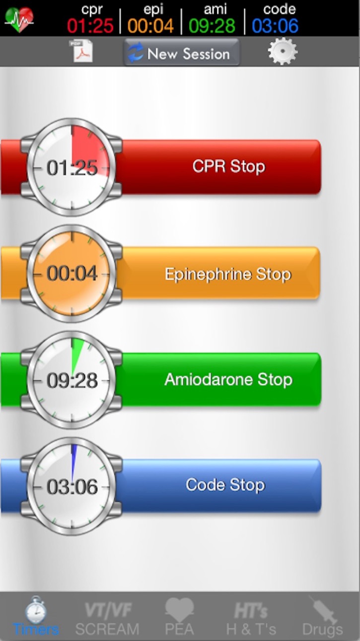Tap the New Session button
[x=182, y=52]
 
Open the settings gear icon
[x=283, y=51]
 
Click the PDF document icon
[x=81, y=51]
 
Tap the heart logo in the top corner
[x=19, y=19]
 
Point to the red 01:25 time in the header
[x=90, y=26]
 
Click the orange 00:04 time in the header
[x=150, y=26]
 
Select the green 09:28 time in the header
[x=212, y=26]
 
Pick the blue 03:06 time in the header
[x=275, y=26]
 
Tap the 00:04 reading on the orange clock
[x=72, y=273]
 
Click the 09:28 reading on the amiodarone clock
[x=72, y=381]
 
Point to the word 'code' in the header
[x=280, y=9]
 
